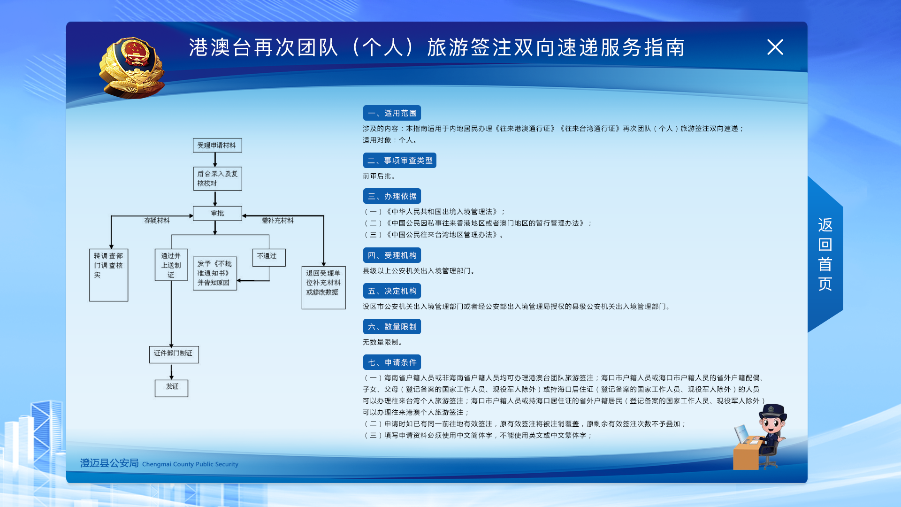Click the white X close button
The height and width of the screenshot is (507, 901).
[x=775, y=47]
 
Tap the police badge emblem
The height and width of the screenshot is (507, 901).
[x=132, y=68]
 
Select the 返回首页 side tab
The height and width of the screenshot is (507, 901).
[x=825, y=254]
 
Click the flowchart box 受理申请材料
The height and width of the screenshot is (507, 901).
[x=217, y=145]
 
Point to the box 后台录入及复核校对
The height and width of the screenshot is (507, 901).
[x=217, y=178]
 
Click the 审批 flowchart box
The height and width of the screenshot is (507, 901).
[x=217, y=213]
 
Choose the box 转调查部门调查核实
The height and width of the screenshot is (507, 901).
[x=108, y=275]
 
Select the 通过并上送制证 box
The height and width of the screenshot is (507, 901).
[x=171, y=265]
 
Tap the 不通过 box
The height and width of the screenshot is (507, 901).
[x=268, y=257]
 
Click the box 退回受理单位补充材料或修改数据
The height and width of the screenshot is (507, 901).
[x=323, y=287]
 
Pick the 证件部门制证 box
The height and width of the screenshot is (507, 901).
[x=174, y=354]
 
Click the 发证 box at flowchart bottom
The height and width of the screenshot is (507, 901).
[x=171, y=388]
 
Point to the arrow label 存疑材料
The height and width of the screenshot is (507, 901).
[x=157, y=221]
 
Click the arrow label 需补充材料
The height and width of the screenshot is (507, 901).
[x=277, y=221]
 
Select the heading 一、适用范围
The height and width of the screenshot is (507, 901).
[x=392, y=113]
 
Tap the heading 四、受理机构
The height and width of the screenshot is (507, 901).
[x=392, y=255]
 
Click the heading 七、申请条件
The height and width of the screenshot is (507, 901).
[x=392, y=362]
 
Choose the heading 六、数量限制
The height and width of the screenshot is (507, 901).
[x=392, y=327]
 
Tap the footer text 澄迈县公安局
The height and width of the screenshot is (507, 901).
[x=109, y=463]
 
